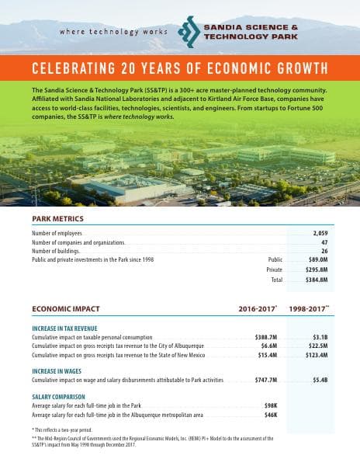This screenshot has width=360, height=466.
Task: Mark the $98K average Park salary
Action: (271, 406)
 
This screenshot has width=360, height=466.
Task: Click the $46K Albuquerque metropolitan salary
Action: (271, 416)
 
